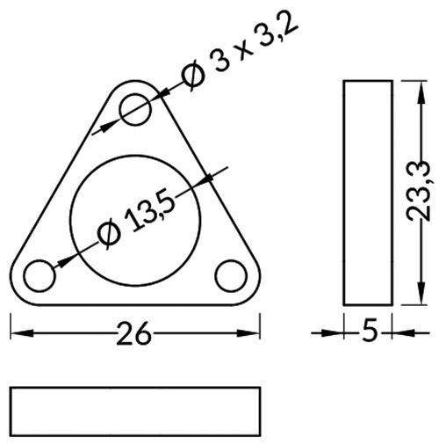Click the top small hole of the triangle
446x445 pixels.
137,109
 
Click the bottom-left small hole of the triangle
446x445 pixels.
40,275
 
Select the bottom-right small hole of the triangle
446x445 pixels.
232,274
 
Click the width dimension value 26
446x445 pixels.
136,333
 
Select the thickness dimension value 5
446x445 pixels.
370,332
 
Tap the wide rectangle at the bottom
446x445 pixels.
135,410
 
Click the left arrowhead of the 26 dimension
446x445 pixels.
19,332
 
